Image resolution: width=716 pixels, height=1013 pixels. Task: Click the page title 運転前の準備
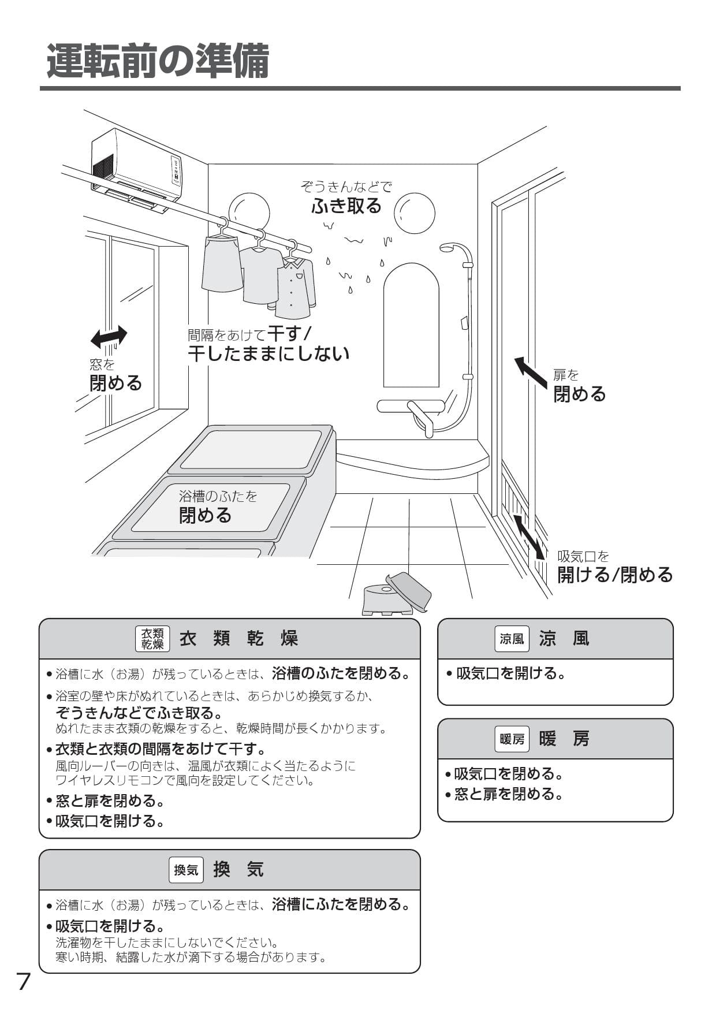[x=158, y=61]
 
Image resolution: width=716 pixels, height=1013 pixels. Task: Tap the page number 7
[x=23, y=981]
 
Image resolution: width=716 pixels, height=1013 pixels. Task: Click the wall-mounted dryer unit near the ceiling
[x=137, y=167]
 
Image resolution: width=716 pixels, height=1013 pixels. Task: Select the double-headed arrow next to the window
[x=109, y=336]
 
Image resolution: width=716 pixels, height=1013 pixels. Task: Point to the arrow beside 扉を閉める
[x=531, y=372]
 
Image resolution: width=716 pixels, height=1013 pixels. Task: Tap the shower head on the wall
[x=447, y=249]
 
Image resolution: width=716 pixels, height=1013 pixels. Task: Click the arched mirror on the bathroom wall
[x=411, y=326]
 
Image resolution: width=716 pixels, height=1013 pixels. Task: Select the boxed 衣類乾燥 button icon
[x=152, y=639]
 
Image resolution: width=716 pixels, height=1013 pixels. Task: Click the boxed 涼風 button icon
[x=512, y=639]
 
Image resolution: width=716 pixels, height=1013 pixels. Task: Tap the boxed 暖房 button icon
[x=512, y=739]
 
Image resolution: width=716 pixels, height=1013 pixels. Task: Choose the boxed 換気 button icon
[x=186, y=870]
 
